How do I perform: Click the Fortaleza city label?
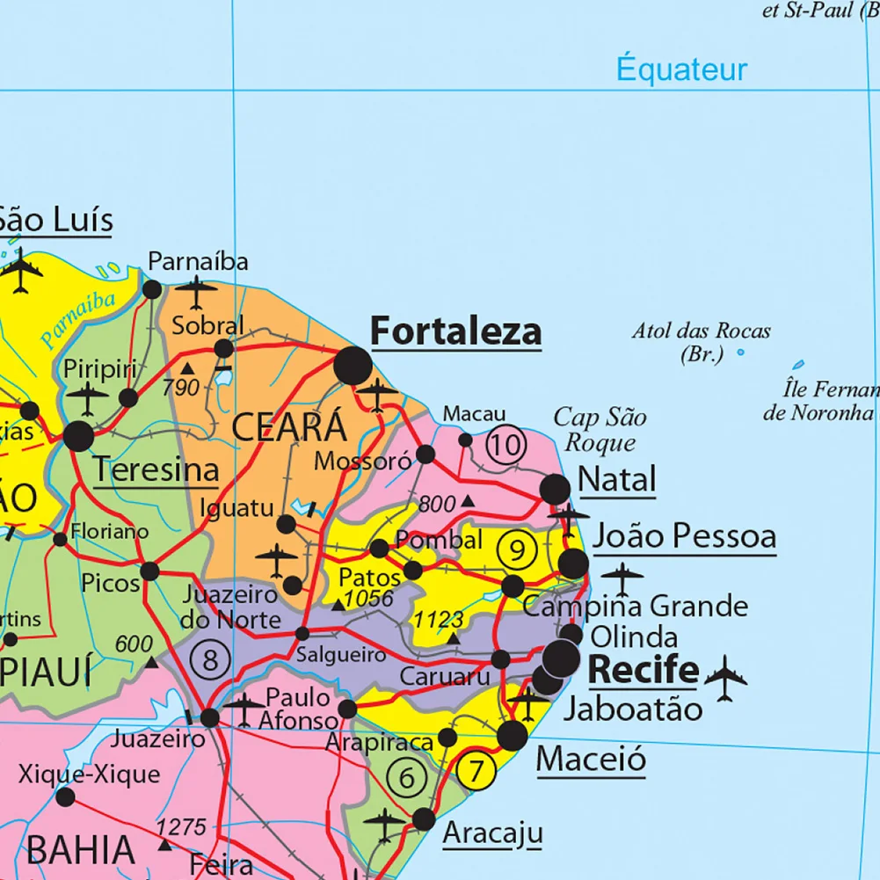[x=455, y=331]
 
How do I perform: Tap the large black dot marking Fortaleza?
[x=353, y=366]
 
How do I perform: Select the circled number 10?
[x=506, y=445]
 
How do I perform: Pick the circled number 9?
[x=517, y=550]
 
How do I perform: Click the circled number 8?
[x=209, y=658]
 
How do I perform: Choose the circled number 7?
[x=476, y=771]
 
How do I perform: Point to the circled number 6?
[x=406, y=778]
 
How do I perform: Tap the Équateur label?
[x=681, y=69]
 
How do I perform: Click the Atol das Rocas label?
[x=701, y=342]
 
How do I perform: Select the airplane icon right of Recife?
[x=725, y=677]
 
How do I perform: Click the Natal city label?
[x=617, y=480]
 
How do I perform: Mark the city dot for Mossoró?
[x=425, y=454]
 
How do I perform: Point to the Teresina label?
[x=156, y=469]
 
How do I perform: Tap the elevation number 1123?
[x=439, y=620]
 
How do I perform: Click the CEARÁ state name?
[x=289, y=428]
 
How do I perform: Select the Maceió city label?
[x=591, y=757]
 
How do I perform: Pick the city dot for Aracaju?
[x=424, y=819]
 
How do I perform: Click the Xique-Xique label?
[x=90, y=774]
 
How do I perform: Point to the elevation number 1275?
[x=181, y=826]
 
